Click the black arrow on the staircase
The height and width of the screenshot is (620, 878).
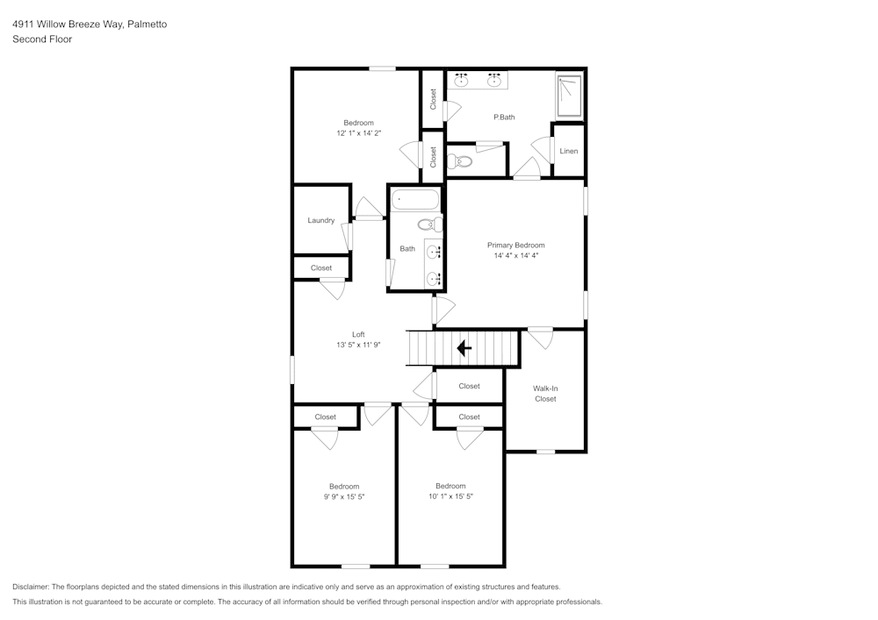pyautogui.click(x=464, y=348)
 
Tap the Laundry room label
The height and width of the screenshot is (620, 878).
pyautogui.click(x=320, y=220)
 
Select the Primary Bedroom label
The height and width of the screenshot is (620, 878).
pyautogui.click(x=515, y=245)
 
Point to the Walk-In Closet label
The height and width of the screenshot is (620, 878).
pyautogui.click(x=545, y=394)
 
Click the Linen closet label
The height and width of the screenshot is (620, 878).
pyautogui.click(x=568, y=151)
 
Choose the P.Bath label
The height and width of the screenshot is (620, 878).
pyautogui.click(x=504, y=117)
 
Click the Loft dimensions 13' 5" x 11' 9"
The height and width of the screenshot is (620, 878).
pyautogui.click(x=358, y=345)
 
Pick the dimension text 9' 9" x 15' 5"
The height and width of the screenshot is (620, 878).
pyautogui.click(x=344, y=496)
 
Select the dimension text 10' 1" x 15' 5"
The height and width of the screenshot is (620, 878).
pyautogui.click(x=450, y=495)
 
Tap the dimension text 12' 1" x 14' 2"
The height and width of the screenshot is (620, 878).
pyautogui.click(x=359, y=133)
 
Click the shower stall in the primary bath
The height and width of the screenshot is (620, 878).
pyautogui.click(x=570, y=95)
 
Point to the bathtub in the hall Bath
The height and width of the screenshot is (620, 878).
pyautogui.click(x=415, y=199)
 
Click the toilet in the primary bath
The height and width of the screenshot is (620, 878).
pyautogui.click(x=460, y=162)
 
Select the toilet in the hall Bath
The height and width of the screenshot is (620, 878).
pyautogui.click(x=430, y=224)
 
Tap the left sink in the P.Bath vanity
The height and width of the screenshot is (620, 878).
pyautogui.click(x=462, y=81)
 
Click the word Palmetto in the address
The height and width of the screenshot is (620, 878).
pyautogui.click(x=147, y=24)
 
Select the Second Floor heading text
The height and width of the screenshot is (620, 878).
pyautogui.click(x=42, y=39)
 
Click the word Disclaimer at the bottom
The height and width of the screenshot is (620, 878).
pyautogui.click(x=30, y=587)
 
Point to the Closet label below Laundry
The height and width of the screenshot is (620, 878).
pyautogui.click(x=321, y=267)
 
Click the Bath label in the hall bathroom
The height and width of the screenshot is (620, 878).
pyautogui.click(x=407, y=249)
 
